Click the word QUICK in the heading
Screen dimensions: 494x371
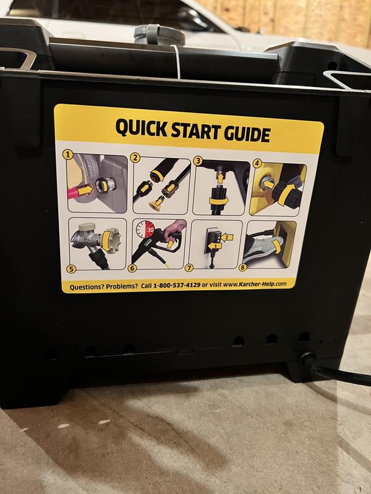[x=140, y=130]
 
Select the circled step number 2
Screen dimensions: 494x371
[x=134, y=157]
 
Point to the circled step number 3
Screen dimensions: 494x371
[x=198, y=161]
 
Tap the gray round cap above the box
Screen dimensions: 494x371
[x=150, y=33]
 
